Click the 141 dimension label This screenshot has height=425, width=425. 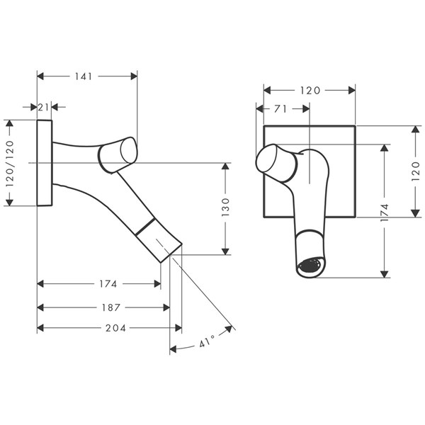point(86,76)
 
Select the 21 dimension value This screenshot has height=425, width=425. point(44,107)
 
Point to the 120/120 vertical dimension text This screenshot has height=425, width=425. point(10,163)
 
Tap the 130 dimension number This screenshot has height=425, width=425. point(225,208)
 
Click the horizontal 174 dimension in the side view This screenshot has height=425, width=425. point(108,283)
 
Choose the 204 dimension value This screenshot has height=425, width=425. point(115,328)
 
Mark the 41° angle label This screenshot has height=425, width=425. point(206,343)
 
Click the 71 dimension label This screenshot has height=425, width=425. point(280,109)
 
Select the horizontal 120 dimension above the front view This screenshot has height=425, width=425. point(310,90)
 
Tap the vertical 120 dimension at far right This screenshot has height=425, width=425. point(416,171)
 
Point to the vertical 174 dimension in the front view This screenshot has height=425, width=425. point(384,211)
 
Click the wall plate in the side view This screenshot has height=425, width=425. point(45,163)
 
